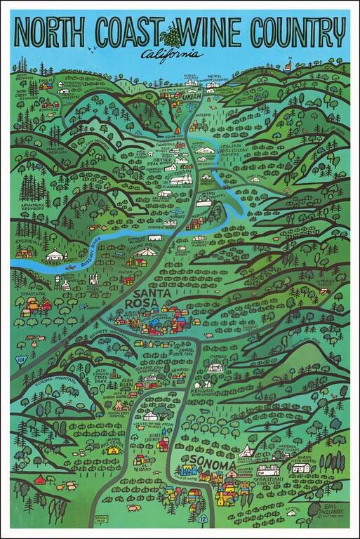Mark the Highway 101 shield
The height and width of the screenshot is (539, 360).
[20, 360]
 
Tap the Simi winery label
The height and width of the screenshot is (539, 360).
[208, 192]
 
